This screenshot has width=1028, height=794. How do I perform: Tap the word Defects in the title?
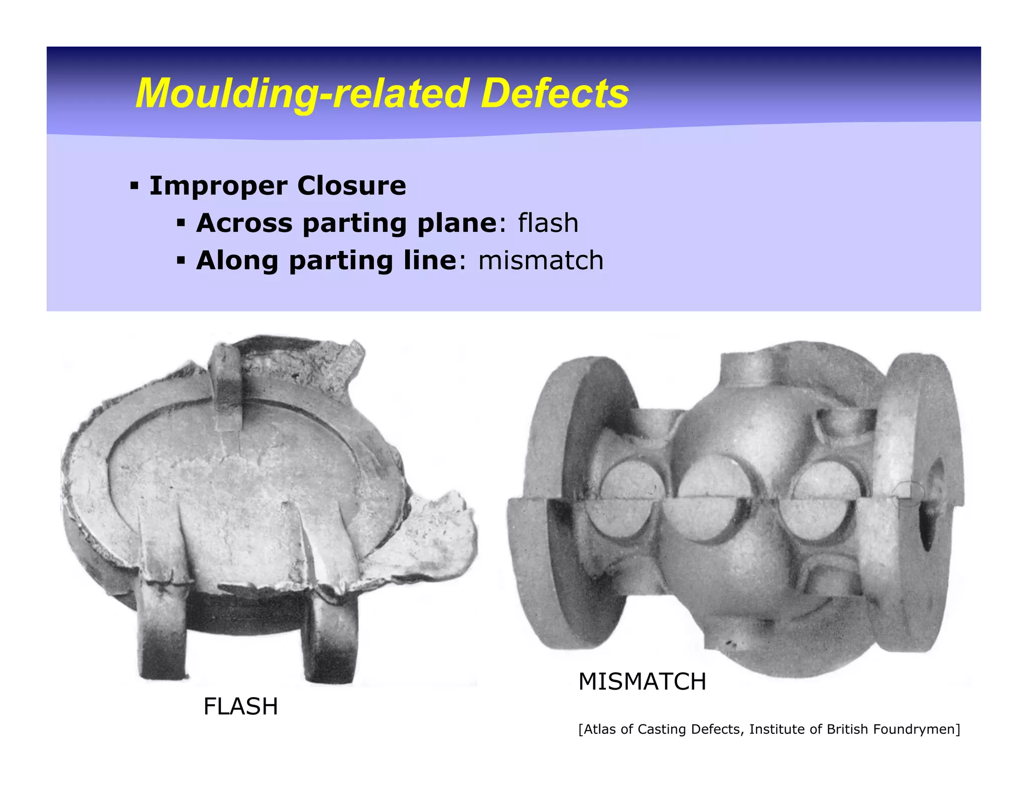pos(554,94)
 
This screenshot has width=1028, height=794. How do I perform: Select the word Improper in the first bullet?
pos(218,186)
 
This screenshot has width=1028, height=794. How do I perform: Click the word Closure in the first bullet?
pos(351,186)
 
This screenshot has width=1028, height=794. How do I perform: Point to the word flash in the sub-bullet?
pos(548,223)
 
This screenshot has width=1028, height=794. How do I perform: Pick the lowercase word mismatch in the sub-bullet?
pos(541,260)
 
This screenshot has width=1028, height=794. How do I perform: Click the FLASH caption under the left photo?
pos(240,707)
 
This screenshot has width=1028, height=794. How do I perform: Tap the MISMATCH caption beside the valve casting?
pos(642,682)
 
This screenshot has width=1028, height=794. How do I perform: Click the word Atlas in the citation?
pos(600,729)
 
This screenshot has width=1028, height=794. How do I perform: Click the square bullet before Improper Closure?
pos(134,186)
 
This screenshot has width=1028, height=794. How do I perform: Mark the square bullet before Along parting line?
pos(181,260)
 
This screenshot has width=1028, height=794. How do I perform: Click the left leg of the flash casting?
pos(162,632)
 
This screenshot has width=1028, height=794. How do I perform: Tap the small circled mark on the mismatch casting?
pos(909,494)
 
